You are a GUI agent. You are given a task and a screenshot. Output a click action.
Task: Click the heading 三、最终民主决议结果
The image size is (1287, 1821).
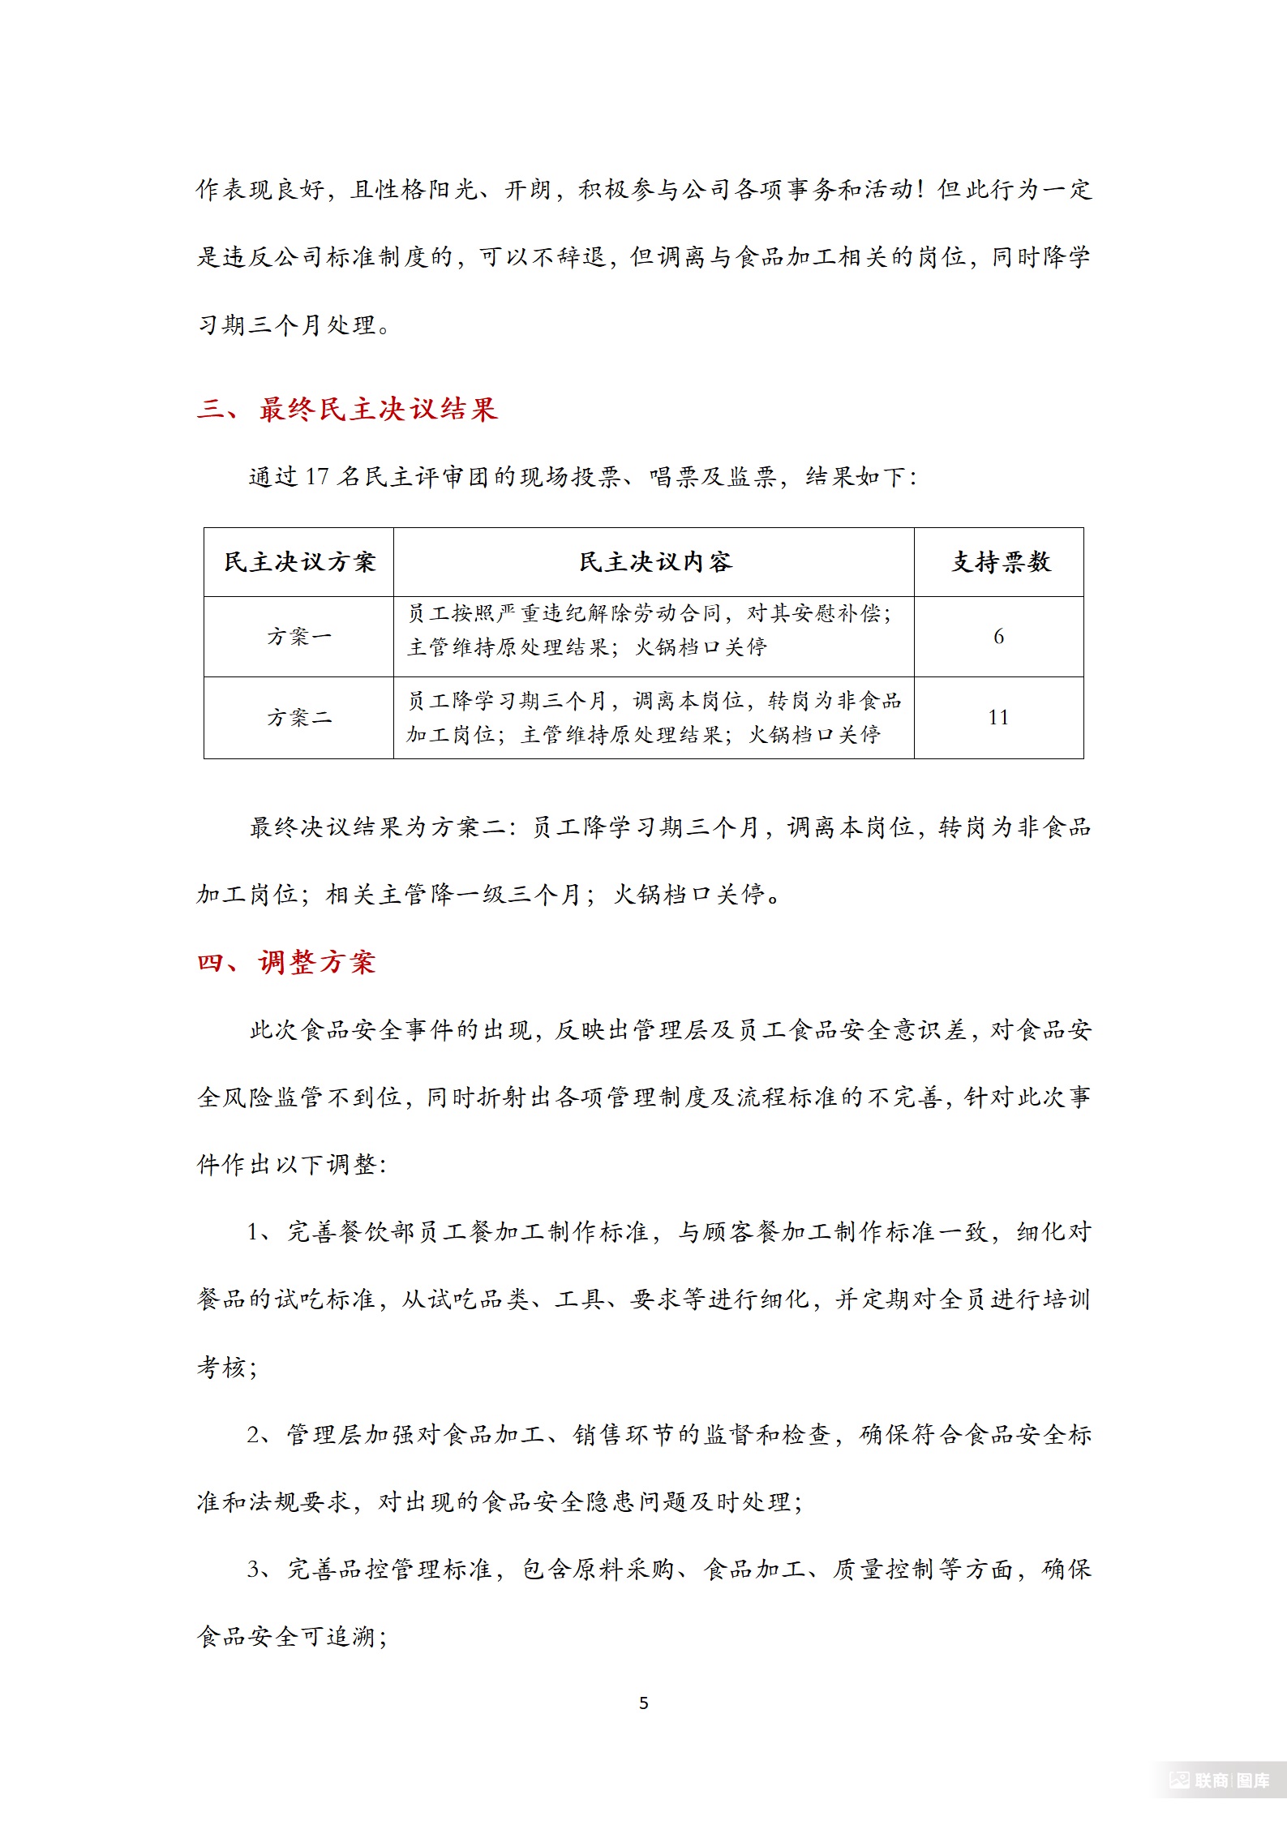click(347, 409)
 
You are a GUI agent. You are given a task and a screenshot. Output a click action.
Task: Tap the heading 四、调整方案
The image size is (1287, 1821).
click(286, 962)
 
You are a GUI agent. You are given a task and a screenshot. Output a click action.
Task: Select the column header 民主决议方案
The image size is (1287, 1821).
click(299, 562)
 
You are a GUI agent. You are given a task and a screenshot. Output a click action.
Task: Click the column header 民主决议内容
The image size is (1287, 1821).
click(654, 562)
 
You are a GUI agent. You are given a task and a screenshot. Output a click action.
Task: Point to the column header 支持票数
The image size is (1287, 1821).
click(1000, 562)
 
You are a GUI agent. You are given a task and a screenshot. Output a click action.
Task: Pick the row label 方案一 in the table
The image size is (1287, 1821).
click(299, 637)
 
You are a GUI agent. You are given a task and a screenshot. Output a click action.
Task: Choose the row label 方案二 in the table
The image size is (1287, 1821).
click(299, 718)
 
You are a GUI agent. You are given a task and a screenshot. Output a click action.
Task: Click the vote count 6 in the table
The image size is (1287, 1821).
click(998, 637)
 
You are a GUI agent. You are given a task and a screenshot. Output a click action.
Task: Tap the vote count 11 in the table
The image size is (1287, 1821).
click(998, 718)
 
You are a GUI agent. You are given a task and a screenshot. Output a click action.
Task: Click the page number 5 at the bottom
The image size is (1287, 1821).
click(644, 1703)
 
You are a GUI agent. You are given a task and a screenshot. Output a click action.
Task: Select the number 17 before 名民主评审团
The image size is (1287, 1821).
click(316, 477)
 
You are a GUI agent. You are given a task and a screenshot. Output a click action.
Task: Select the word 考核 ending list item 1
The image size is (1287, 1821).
click(221, 1368)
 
